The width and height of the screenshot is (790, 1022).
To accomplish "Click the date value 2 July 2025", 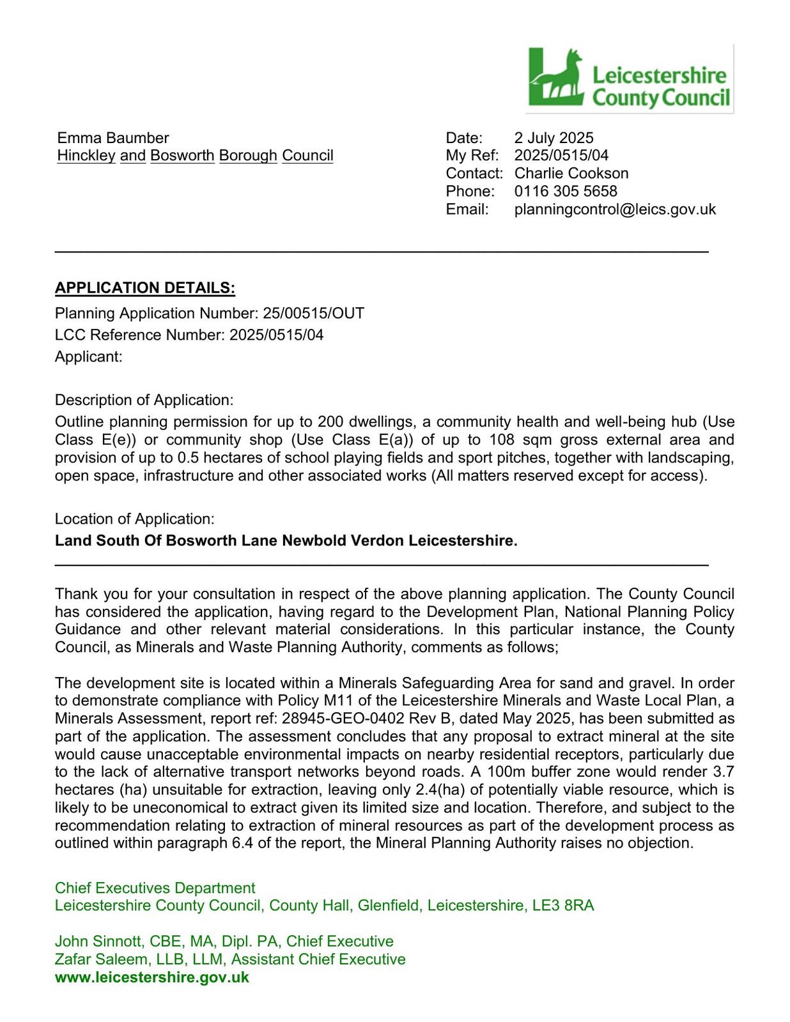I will pyautogui.click(x=554, y=138).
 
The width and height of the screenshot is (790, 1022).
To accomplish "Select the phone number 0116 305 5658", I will pyautogui.click(x=566, y=191).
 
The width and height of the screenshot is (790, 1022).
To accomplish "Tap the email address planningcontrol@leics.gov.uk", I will pyautogui.click(x=615, y=209).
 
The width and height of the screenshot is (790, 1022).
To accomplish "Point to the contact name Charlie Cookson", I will pyautogui.click(x=571, y=173).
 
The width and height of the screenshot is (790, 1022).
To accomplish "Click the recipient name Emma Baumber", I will pyautogui.click(x=113, y=138).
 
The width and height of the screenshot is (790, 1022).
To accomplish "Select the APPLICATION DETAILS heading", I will pyautogui.click(x=145, y=288).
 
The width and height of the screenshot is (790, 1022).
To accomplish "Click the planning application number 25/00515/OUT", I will pyautogui.click(x=313, y=314).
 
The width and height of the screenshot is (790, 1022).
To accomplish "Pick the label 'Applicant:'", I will pyautogui.click(x=88, y=356).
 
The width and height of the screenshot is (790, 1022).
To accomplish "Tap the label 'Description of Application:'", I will pyautogui.click(x=144, y=400).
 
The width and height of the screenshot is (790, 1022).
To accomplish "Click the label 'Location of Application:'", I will pyautogui.click(x=134, y=519).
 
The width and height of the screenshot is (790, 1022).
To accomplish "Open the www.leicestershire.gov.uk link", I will pyautogui.click(x=152, y=977).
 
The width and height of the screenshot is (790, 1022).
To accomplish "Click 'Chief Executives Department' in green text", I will pyautogui.click(x=155, y=888).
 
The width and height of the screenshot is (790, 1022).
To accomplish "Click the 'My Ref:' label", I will pyautogui.click(x=472, y=155).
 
